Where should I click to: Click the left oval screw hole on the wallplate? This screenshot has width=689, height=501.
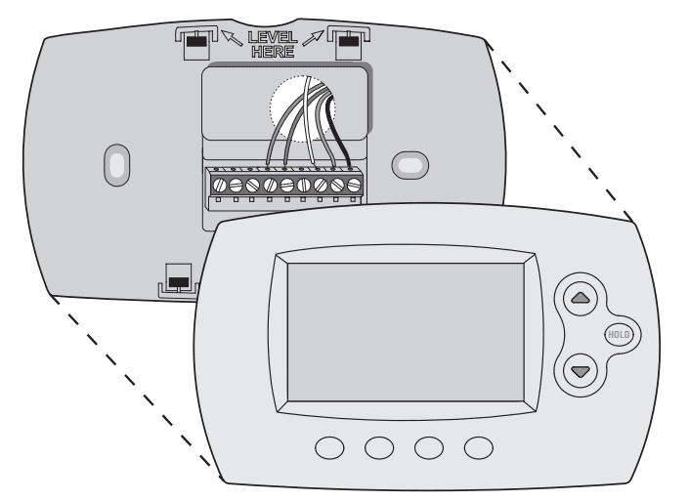coord(115,163)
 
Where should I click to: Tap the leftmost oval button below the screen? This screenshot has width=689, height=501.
coord(331,446)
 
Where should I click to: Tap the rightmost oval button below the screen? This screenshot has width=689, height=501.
coord(477,446)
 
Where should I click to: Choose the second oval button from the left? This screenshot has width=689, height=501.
coord(379,446)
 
